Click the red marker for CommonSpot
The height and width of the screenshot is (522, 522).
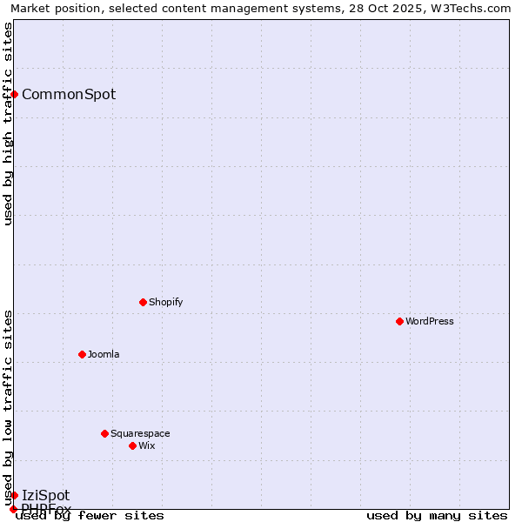coord(15,94)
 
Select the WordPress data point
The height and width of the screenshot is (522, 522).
coord(399,321)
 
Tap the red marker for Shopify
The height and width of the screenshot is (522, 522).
coord(143,302)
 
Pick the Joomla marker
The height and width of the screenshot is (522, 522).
coord(82,354)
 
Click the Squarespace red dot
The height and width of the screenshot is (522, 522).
coord(104,433)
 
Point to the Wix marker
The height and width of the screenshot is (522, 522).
coord(132,445)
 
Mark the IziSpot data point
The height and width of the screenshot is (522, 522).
coord(14,495)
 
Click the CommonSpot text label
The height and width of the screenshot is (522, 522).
coord(68,95)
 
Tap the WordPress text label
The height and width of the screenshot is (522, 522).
coord(429,321)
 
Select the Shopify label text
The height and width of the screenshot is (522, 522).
coord(165,302)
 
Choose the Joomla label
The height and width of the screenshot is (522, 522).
coord(104,354)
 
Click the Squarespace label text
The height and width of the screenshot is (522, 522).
coord(140,433)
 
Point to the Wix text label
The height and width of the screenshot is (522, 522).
coord(146,445)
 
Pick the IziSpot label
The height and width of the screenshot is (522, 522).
coord(45,496)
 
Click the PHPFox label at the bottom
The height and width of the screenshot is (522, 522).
coord(46,509)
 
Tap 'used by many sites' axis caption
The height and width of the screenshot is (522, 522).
coord(437,515)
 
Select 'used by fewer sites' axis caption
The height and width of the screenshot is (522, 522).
coord(90,515)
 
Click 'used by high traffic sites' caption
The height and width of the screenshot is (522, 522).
coord(9,124)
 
